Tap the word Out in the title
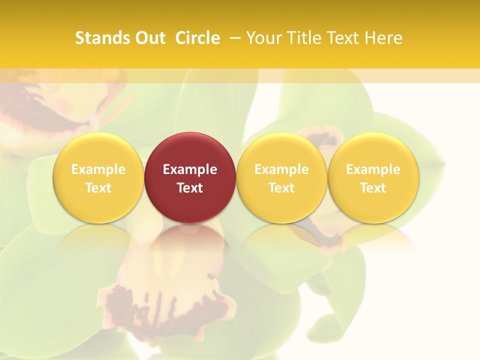tap(149, 38)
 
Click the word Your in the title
tap(262, 38)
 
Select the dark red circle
tap(190, 177)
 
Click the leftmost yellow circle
tap(98, 177)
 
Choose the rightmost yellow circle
tap(373, 177)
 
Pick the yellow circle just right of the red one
tap(281, 177)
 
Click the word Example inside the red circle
tap(190, 169)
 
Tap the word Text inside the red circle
tap(190, 188)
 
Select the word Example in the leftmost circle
tap(98, 169)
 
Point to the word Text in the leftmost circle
tap(98, 188)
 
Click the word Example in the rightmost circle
tap(373, 169)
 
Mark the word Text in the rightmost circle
tap(373, 188)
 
